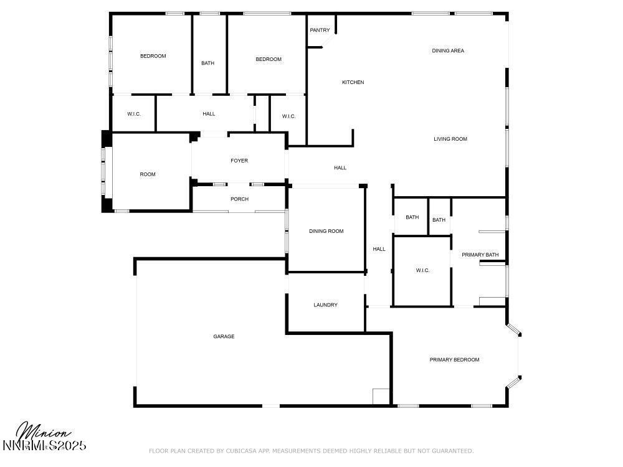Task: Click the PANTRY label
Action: [x=320, y=30]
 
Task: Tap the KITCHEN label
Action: [x=353, y=82]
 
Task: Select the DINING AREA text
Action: [x=448, y=51]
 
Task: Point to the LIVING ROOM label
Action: [x=450, y=139]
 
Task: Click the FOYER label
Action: [x=239, y=161]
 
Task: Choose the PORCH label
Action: [x=239, y=199]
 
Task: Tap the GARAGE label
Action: [x=224, y=336]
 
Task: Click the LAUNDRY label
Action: [x=325, y=305]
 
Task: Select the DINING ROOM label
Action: [x=326, y=231]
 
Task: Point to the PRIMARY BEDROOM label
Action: [x=454, y=359]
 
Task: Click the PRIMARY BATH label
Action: [x=480, y=255]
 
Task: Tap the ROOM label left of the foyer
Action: [x=148, y=174]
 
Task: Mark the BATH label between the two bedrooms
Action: [x=207, y=63]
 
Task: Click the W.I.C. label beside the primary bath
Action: [x=422, y=270]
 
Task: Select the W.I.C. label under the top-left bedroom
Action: [x=133, y=114]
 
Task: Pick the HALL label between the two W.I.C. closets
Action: [x=209, y=114]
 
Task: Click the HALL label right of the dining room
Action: [x=379, y=249]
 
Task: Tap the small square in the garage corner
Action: [x=381, y=397]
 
